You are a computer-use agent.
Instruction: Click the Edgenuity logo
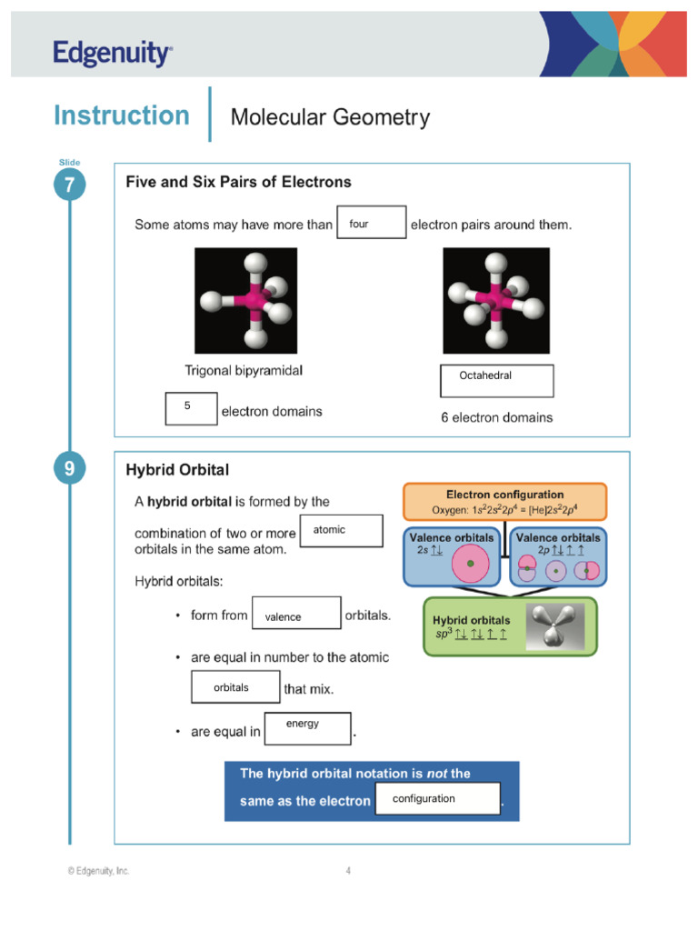(x=112, y=54)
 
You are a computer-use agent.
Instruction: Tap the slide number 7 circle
(x=69, y=185)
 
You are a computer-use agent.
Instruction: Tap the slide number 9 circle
(x=69, y=469)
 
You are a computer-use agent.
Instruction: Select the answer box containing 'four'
(x=371, y=223)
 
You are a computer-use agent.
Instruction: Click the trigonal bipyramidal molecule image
(x=245, y=300)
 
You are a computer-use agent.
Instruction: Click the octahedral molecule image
(x=496, y=300)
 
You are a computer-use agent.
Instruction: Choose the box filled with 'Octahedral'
(x=496, y=381)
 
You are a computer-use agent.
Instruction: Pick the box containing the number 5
(x=192, y=408)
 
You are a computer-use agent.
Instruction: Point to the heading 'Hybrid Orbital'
(x=177, y=470)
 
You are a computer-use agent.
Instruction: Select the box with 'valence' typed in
(x=296, y=613)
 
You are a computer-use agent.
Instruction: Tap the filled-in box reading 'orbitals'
(x=235, y=686)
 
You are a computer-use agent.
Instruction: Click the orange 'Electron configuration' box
(x=504, y=502)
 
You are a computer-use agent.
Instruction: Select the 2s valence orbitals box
(x=452, y=556)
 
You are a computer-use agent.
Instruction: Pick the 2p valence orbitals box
(x=557, y=556)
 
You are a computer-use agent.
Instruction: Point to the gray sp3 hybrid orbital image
(x=553, y=626)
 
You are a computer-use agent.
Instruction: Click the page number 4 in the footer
(x=348, y=871)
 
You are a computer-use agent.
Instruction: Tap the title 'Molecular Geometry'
(x=330, y=117)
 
